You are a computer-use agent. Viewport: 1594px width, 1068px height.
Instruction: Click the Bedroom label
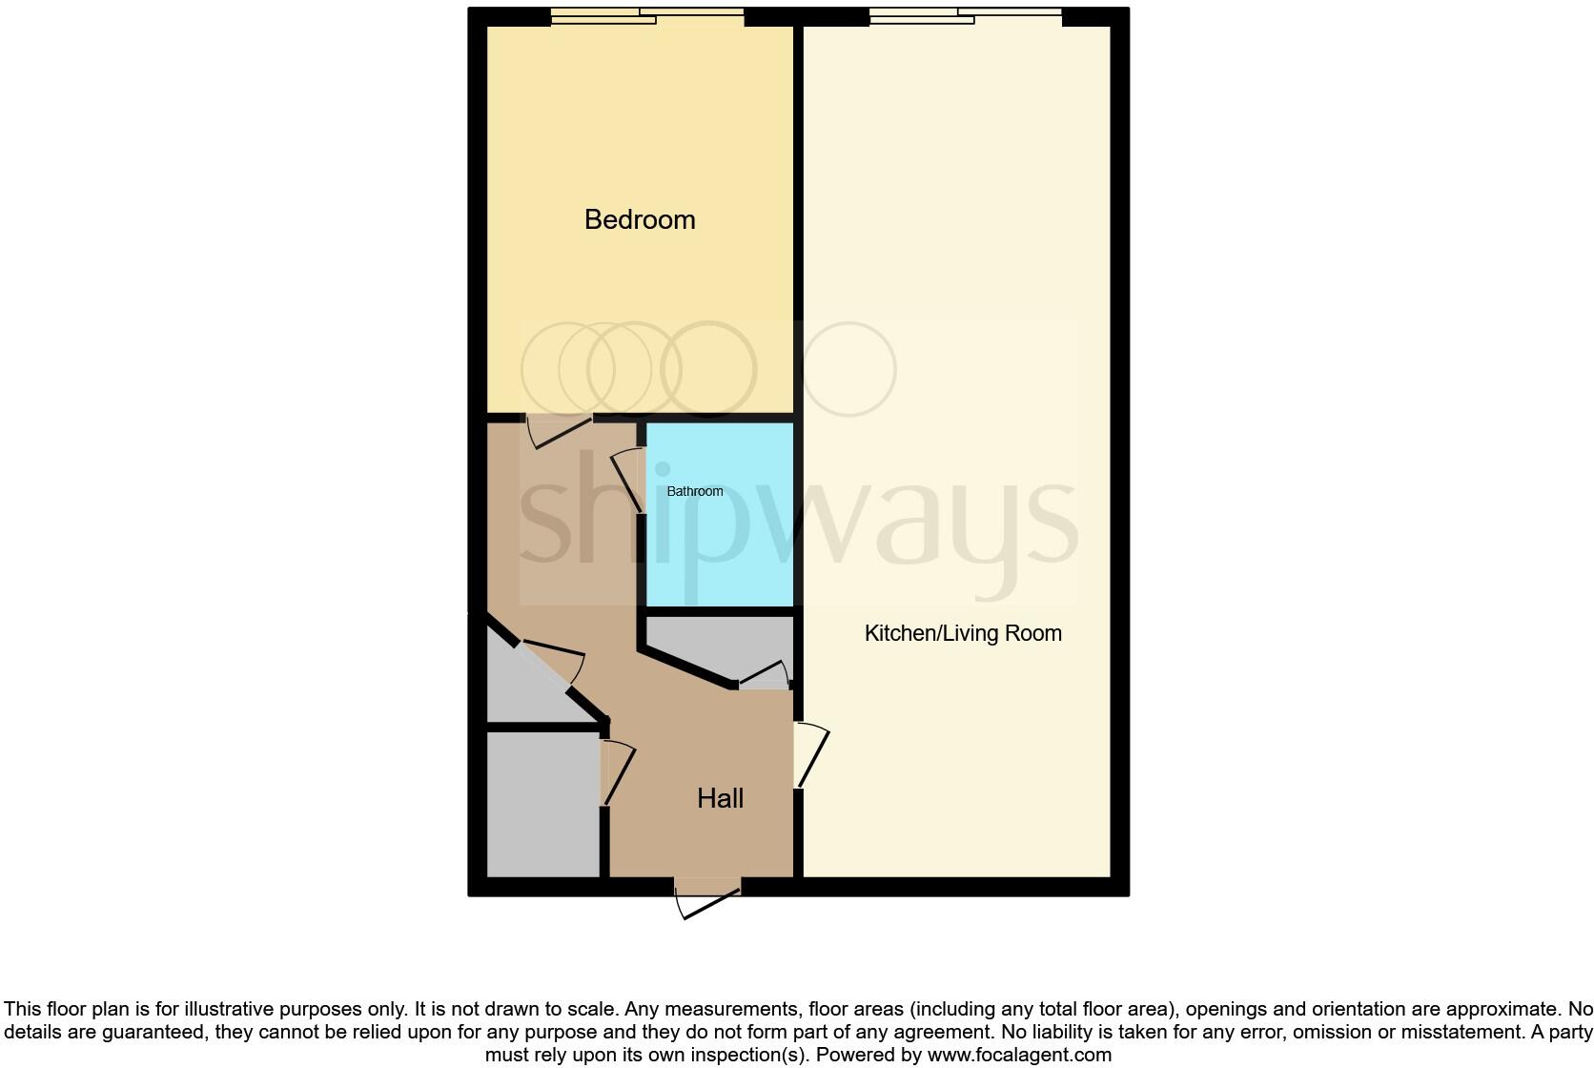(x=640, y=220)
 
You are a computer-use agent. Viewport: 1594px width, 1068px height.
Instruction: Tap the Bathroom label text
(x=694, y=491)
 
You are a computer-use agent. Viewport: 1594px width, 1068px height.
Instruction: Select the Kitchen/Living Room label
(x=963, y=633)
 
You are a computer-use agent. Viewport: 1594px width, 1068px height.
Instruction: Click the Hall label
(x=720, y=798)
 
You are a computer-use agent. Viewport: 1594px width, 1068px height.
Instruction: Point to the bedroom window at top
(x=646, y=16)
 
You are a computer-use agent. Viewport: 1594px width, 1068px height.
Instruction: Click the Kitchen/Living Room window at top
(x=965, y=16)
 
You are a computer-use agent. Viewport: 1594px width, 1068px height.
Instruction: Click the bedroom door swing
(x=561, y=430)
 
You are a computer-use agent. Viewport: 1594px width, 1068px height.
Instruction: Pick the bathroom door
(x=628, y=477)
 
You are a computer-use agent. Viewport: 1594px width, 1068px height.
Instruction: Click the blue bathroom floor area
(x=721, y=553)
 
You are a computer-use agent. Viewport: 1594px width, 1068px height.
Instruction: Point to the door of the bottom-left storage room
(x=617, y=772)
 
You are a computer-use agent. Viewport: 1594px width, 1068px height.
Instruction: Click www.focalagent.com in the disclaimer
(x=1018, y=1055)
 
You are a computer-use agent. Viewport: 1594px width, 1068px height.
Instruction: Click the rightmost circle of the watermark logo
(x=849, y=369)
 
